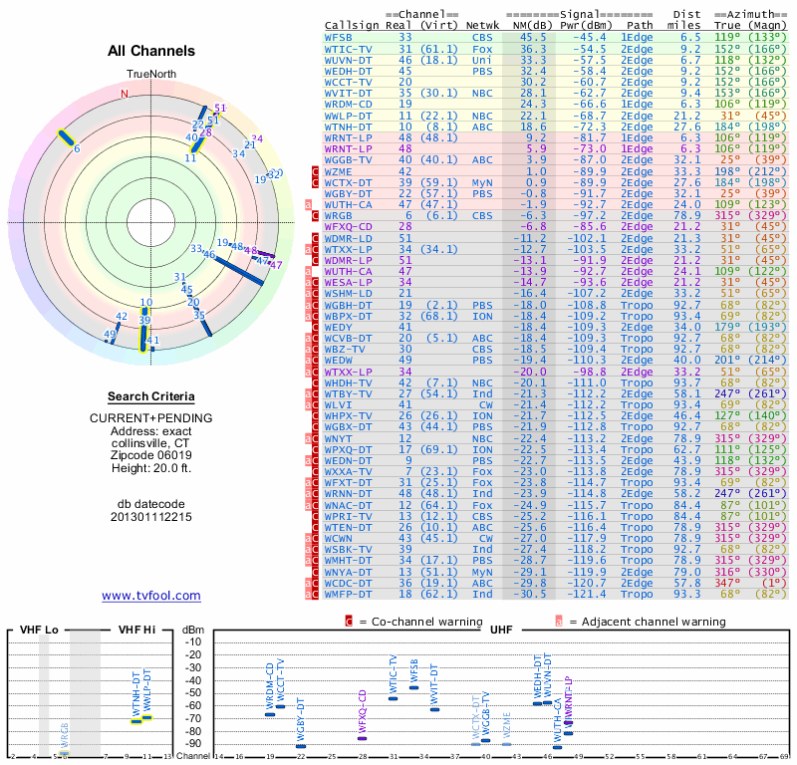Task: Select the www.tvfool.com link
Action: [x=151, y=596]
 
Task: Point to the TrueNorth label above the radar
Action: [x=150, y=75]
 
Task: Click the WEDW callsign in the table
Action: [x=339, y=360]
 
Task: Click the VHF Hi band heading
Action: [x=136, y=629]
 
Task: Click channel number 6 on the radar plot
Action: [x=76, y=149]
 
